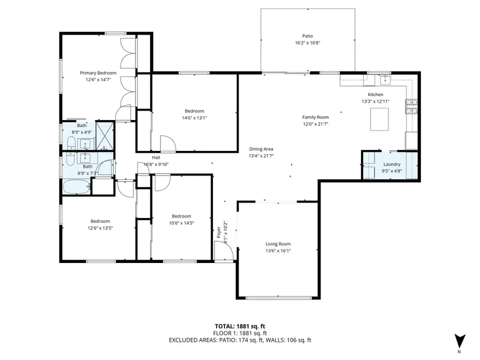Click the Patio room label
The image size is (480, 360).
pyautogui.click(x=307, y=36)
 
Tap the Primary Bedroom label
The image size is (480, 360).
pyautogui.click(x=98, y=73)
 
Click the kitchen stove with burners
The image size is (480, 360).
pyautogui.click(x=411, y=107)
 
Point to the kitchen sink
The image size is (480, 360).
pyautogui.click(x=385, y=80)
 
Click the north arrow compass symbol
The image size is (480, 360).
pyautogui.click(x=460, y=341)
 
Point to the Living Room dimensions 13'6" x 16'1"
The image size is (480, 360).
pyautogui.click(x=278, y=250)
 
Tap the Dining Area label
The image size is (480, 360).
pyautogui.click(x=261, y=149)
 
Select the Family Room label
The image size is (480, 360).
pyautogui.click(x=315, y=117)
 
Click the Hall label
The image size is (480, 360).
pyautogui.click(x=156, y=157)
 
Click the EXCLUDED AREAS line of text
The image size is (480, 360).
pyautogui.click(x=240, y=340)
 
